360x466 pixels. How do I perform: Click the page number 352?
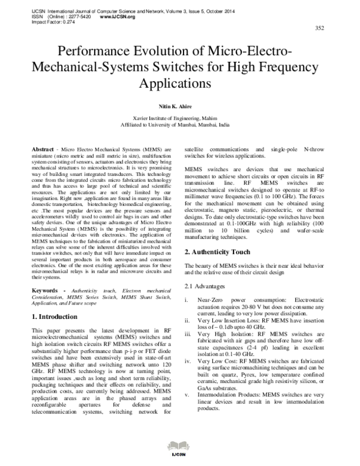pyautogui.click(x=320, y=28)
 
